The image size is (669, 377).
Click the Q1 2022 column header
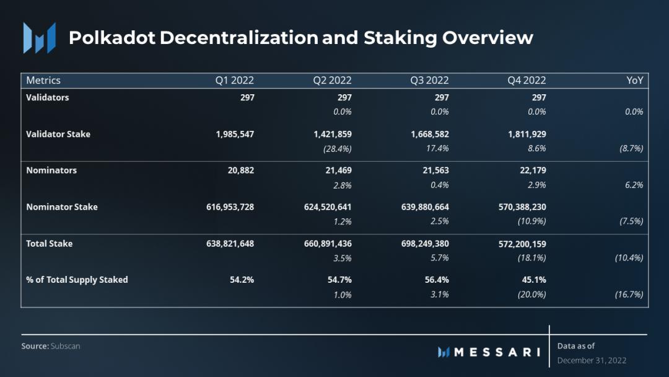pyautogui.click(x=234, y=81)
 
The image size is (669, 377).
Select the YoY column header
pyautogui.click(x=635, y=81)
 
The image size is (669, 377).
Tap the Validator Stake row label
pyautogui.click(x=58, y=134)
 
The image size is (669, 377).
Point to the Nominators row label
pyautogui.click(x=51, y=170)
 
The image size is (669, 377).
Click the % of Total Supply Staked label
pyautogui.click(x=77, y=280)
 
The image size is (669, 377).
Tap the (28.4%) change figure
pyautogui.click(x=336, y=148)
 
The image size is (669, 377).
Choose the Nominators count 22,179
pyautogui.click(x=530, y=170)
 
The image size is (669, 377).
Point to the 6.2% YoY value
pyautogui.click(x=634, y=185)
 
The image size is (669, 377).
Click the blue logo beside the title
pyautogui.click(x=40, y=38)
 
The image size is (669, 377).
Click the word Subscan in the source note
pyautogui.click(x=66, y=346)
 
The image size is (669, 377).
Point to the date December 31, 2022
pyautogui.click(x=592, y=360)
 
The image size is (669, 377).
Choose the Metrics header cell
pyautogui.click(x=43, y=81)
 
